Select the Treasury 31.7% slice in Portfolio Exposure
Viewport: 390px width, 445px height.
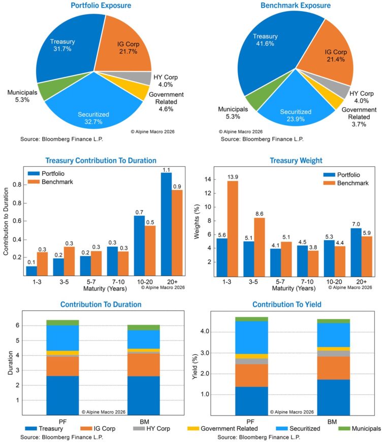tap(61, 51)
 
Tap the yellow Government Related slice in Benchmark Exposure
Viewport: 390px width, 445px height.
tap(334, 100)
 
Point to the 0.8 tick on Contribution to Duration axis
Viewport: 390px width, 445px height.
tap(19, 184)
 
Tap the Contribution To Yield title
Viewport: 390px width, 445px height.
tap(287, 305)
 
